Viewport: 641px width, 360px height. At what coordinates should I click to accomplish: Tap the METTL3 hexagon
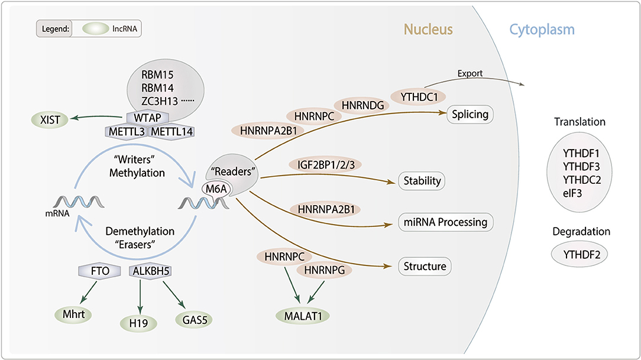(x=125, y=132)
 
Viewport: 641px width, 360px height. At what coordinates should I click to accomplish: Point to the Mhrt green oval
(x=73, y=314)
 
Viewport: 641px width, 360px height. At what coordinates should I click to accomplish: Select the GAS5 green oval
(x=195, y=320)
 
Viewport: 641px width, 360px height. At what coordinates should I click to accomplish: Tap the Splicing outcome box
(x=470, y=114)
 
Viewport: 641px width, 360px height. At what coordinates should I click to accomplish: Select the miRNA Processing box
(x=446, y=222)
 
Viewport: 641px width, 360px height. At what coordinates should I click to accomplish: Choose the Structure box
(x=425, y=266)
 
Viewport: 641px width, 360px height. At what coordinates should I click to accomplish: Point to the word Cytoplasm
(x=542, y=29)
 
